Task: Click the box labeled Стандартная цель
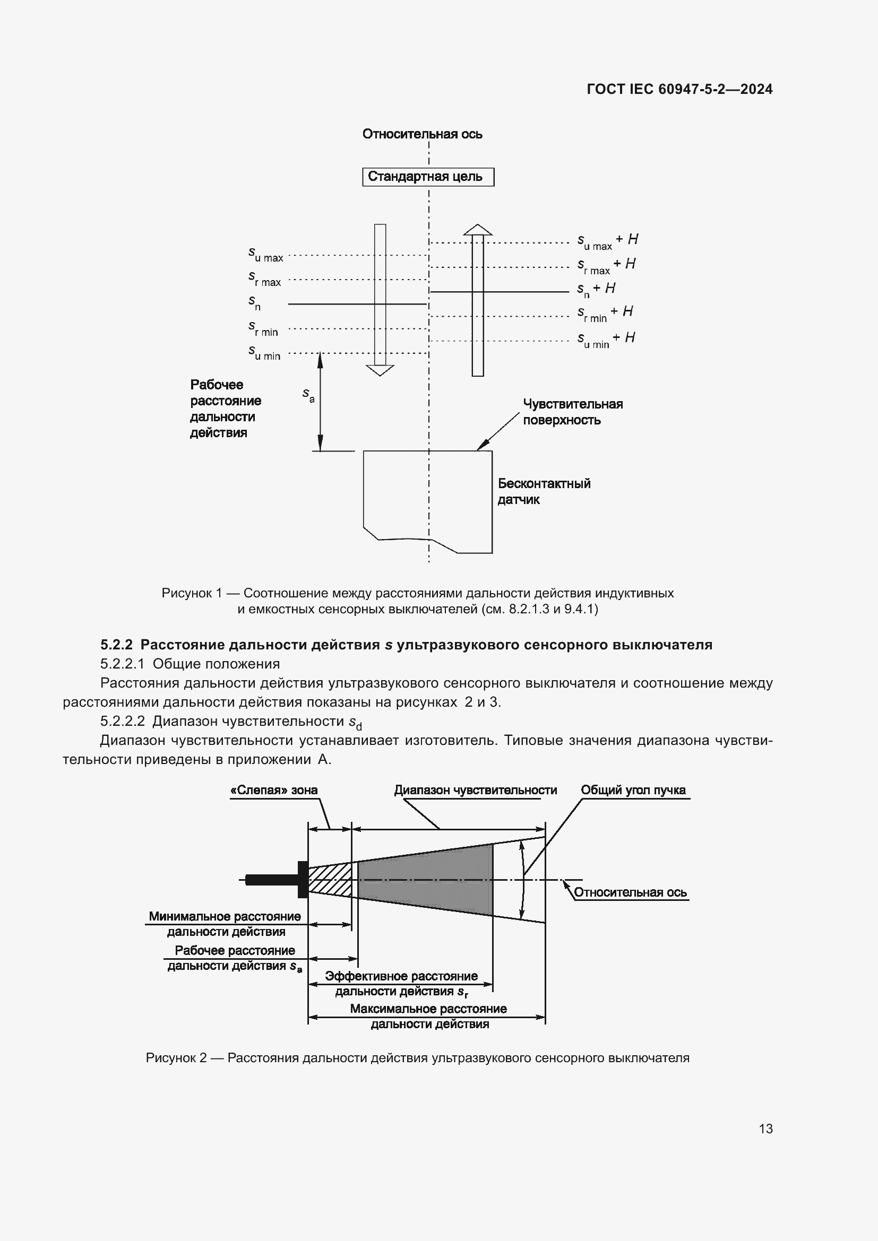click(428, 177)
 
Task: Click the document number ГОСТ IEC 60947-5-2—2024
click(679, 89)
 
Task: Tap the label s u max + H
click(607, 241)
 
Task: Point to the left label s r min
click(263, 328)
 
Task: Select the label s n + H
click(596, 289)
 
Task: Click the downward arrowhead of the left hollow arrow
click(380, 370)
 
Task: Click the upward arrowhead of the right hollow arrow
click(477, 230)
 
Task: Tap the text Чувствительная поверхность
click(572, 412)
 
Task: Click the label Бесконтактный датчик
click(544, 491)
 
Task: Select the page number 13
click(765, 1129)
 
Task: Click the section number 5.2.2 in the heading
click(116, 645)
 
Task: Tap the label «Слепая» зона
click(273, 790)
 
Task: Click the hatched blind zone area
click(330, 879)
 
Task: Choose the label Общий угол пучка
click(633, 790)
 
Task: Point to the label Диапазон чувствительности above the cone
click(475, 790)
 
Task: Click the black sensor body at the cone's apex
click(303, 879)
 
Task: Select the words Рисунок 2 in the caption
click(176, 1058)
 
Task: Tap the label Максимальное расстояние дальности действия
click(429, 1016)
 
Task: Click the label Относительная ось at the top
click(421, 134)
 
